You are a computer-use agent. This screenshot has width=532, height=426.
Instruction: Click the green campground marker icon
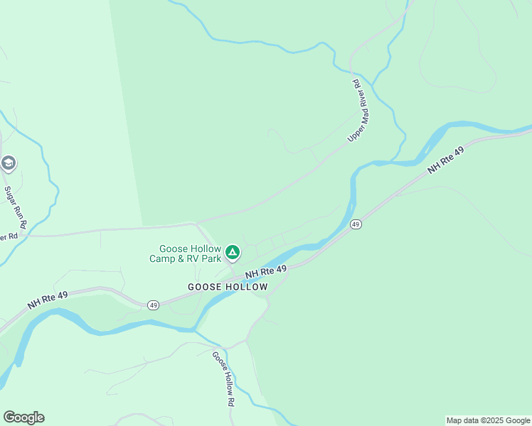[x=232, y=252]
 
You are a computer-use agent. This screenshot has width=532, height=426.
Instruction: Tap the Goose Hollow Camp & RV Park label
[x=190, y=253]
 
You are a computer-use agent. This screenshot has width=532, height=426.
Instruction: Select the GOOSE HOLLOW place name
[x=228, y=287]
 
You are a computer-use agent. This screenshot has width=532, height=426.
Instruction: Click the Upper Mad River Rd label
[x=359, y=110]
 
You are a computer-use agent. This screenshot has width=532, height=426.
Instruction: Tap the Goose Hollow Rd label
[x=224, y=378]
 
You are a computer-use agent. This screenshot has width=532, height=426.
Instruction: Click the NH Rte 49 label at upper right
[x=446, y=162]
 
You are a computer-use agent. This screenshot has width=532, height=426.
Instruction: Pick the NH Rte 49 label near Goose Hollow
[x=266, y=271]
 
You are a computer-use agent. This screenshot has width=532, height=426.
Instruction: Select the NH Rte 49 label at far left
[x=48, y=297]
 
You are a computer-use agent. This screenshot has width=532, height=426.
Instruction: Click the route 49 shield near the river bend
[x=356, y=224]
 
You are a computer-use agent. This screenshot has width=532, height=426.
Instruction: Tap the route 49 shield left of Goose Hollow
[x=153, y=305]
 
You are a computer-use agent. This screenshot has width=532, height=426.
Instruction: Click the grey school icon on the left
[x=9, y=163]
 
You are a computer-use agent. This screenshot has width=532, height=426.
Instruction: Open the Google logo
[x=23, y=417]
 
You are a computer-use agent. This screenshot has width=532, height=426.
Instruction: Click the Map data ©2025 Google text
[x=488, y=420]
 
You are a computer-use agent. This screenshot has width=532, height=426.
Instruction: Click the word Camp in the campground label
[x=163, y=258]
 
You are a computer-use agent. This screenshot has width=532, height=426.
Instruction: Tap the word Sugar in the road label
[x=11, y=195]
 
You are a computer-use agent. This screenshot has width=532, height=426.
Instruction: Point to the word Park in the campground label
[x=210, y=258]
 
